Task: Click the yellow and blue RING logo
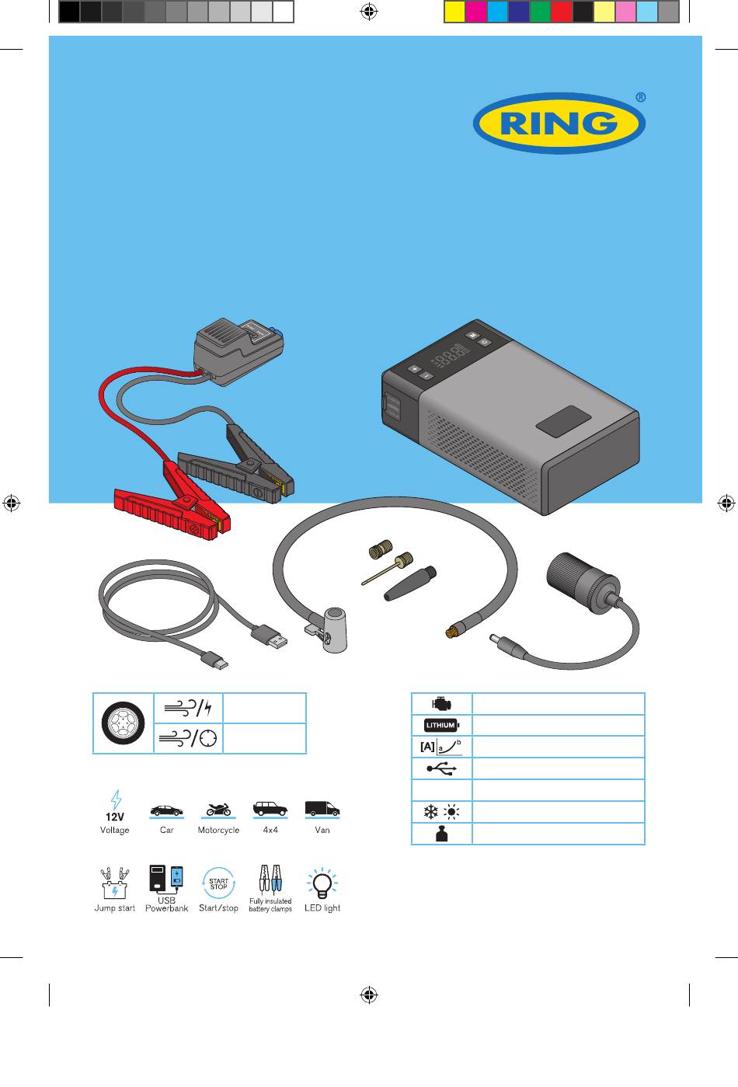(559, 124)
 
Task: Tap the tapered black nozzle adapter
(410, 584)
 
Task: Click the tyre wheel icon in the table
(124, 723)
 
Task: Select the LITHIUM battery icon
(441, 725)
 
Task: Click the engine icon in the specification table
(441, 704)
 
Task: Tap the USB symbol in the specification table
(441, 768)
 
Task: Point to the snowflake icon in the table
(431, 812)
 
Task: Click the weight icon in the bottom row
(441, 834)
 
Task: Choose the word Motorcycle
(218, 831)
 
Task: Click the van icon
(322, 809)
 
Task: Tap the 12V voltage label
(115, 817)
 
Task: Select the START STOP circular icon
(218, 883)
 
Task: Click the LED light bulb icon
(322, 883)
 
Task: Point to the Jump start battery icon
(115, 883)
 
